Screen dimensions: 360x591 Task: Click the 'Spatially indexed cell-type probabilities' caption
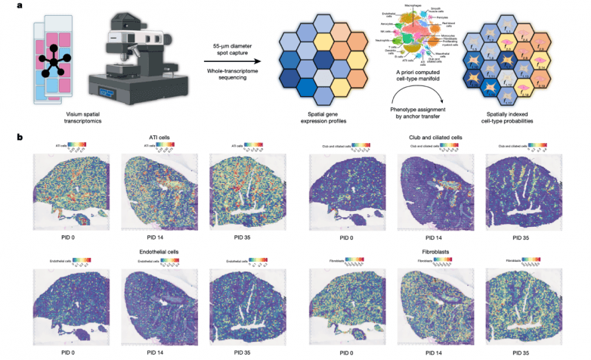(x=514, y=117)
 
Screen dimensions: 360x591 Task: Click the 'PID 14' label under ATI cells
(x=155, y=237)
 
